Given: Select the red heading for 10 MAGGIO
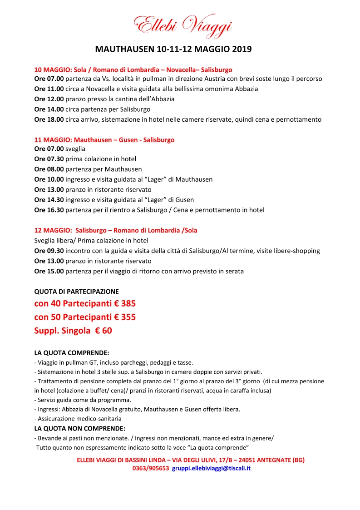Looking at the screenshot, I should click(133, 69).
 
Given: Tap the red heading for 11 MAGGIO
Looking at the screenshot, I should click(104, 140).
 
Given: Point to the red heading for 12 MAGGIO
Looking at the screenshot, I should click(116, 230).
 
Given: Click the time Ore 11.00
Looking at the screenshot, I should click(49, 89).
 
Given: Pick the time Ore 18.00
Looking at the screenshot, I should click(49, 120).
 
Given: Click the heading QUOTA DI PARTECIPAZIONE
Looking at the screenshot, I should click(77, 291).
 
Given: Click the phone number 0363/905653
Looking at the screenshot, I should click(151, 468).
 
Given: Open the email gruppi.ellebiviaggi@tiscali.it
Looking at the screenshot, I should click(212, 468).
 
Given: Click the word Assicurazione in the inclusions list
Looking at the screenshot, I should click(56, 419).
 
